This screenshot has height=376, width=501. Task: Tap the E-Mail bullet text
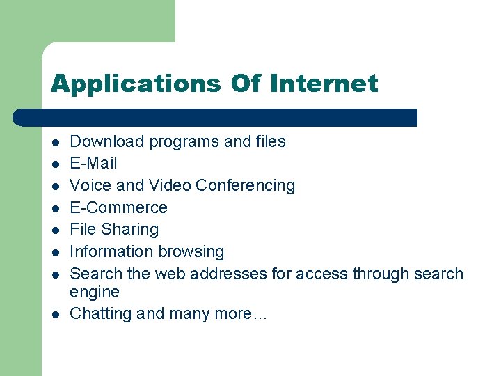click(94, 164)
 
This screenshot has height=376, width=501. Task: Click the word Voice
click(90, 185)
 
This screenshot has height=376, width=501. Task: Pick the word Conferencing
click(245, 186)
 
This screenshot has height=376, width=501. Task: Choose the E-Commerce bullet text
click(119, 207)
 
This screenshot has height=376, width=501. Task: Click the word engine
click(95, 292)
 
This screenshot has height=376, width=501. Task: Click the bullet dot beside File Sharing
click(54, 230)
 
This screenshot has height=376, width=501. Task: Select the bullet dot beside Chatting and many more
click(54, 314)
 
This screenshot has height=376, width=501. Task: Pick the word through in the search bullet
click(380, 274)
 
